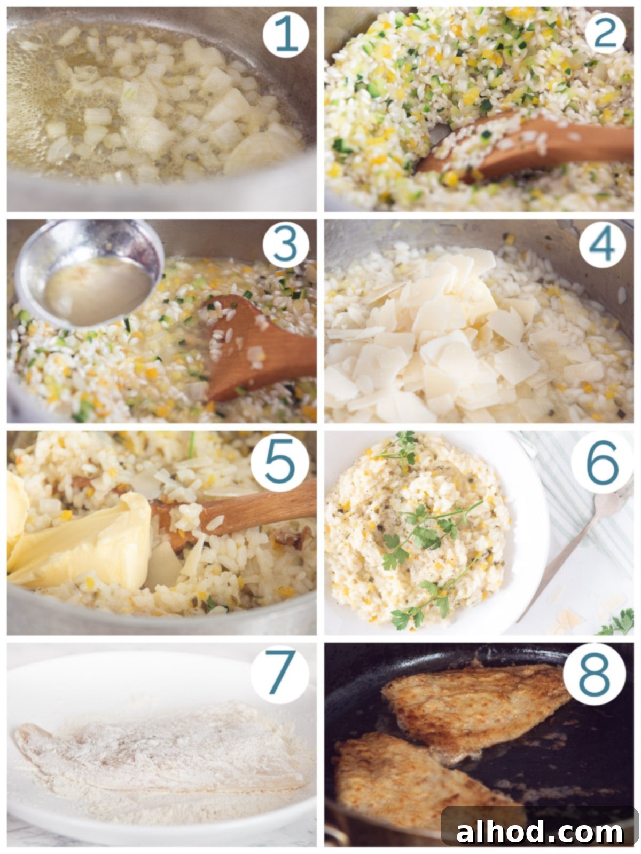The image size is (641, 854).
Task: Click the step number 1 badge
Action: (x=286, y=35)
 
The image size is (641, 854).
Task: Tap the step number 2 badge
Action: (x=605, y=32)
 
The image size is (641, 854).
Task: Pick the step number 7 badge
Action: (x=280, y=674)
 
